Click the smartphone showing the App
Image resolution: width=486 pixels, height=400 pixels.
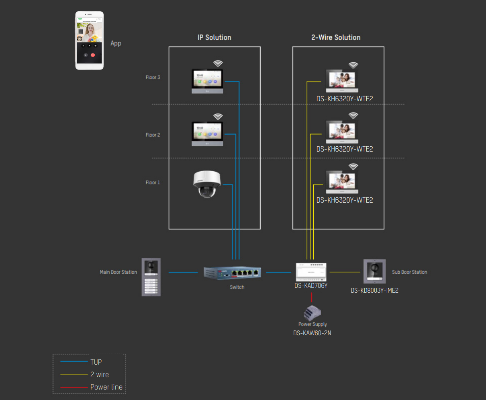[x=89, y=41]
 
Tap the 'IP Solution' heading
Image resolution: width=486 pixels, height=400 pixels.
[x=214, y=37]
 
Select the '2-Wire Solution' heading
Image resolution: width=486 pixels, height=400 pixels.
[x=336, y=37]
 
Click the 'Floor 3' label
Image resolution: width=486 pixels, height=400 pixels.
[x=153, y=77]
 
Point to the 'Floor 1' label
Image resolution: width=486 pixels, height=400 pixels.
[x=153, y=183]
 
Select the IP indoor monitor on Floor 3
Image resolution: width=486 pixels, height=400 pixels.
[x=207, y=81]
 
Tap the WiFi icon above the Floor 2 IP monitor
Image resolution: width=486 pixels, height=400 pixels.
[x=218, y=117]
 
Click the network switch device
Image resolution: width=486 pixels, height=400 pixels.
[x=232, y=273]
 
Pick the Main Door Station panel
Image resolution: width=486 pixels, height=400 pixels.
[x=151, y=277]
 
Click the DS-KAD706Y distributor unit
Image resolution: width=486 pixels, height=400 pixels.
[x=311, y=272]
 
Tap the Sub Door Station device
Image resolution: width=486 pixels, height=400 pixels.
[x=374, y=272]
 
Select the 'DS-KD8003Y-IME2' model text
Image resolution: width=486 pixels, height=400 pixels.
[x=374, y=290]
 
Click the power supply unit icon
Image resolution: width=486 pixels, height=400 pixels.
[x=312, y=312]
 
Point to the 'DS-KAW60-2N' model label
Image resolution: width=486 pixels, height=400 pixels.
[x=312, y=333]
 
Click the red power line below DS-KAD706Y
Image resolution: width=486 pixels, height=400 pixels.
[x=311, y=297]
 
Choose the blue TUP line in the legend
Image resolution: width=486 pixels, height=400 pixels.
[x=74, y=362]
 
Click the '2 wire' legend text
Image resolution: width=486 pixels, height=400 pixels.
[x=100, y=375]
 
